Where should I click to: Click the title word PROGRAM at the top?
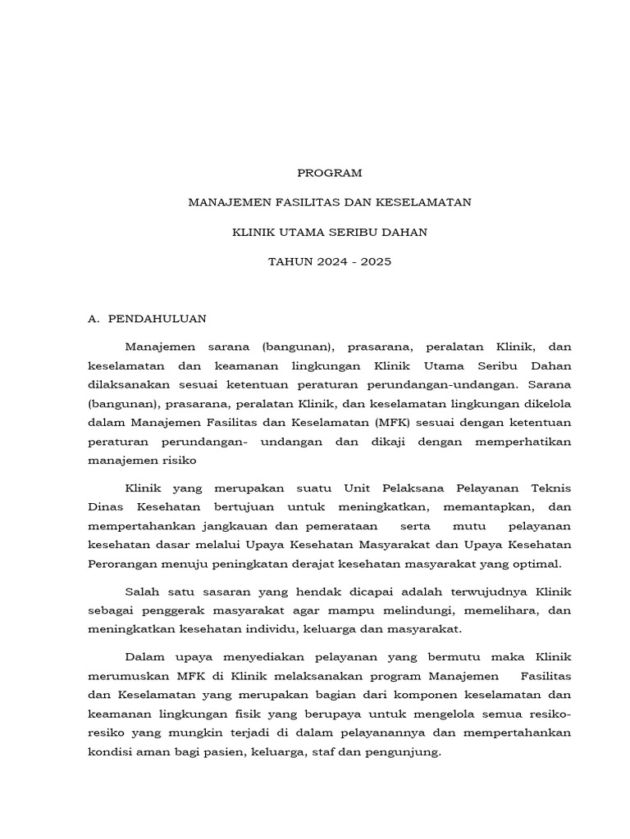tap(328, 173)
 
